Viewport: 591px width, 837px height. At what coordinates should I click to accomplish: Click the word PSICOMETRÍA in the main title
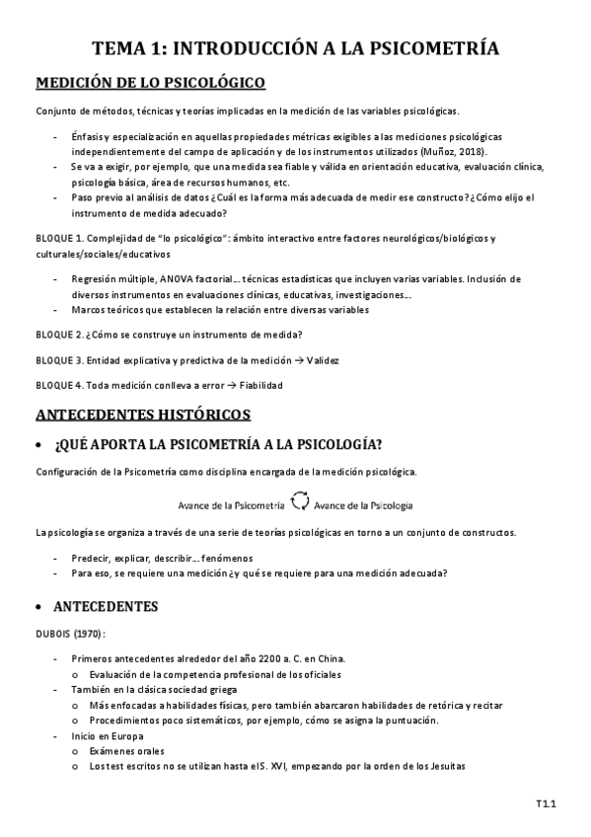427,48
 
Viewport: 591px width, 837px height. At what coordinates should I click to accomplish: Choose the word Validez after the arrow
322,360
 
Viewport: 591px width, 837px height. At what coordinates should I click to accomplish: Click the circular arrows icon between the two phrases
300,503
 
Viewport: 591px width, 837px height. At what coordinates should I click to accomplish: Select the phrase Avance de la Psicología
363,504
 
